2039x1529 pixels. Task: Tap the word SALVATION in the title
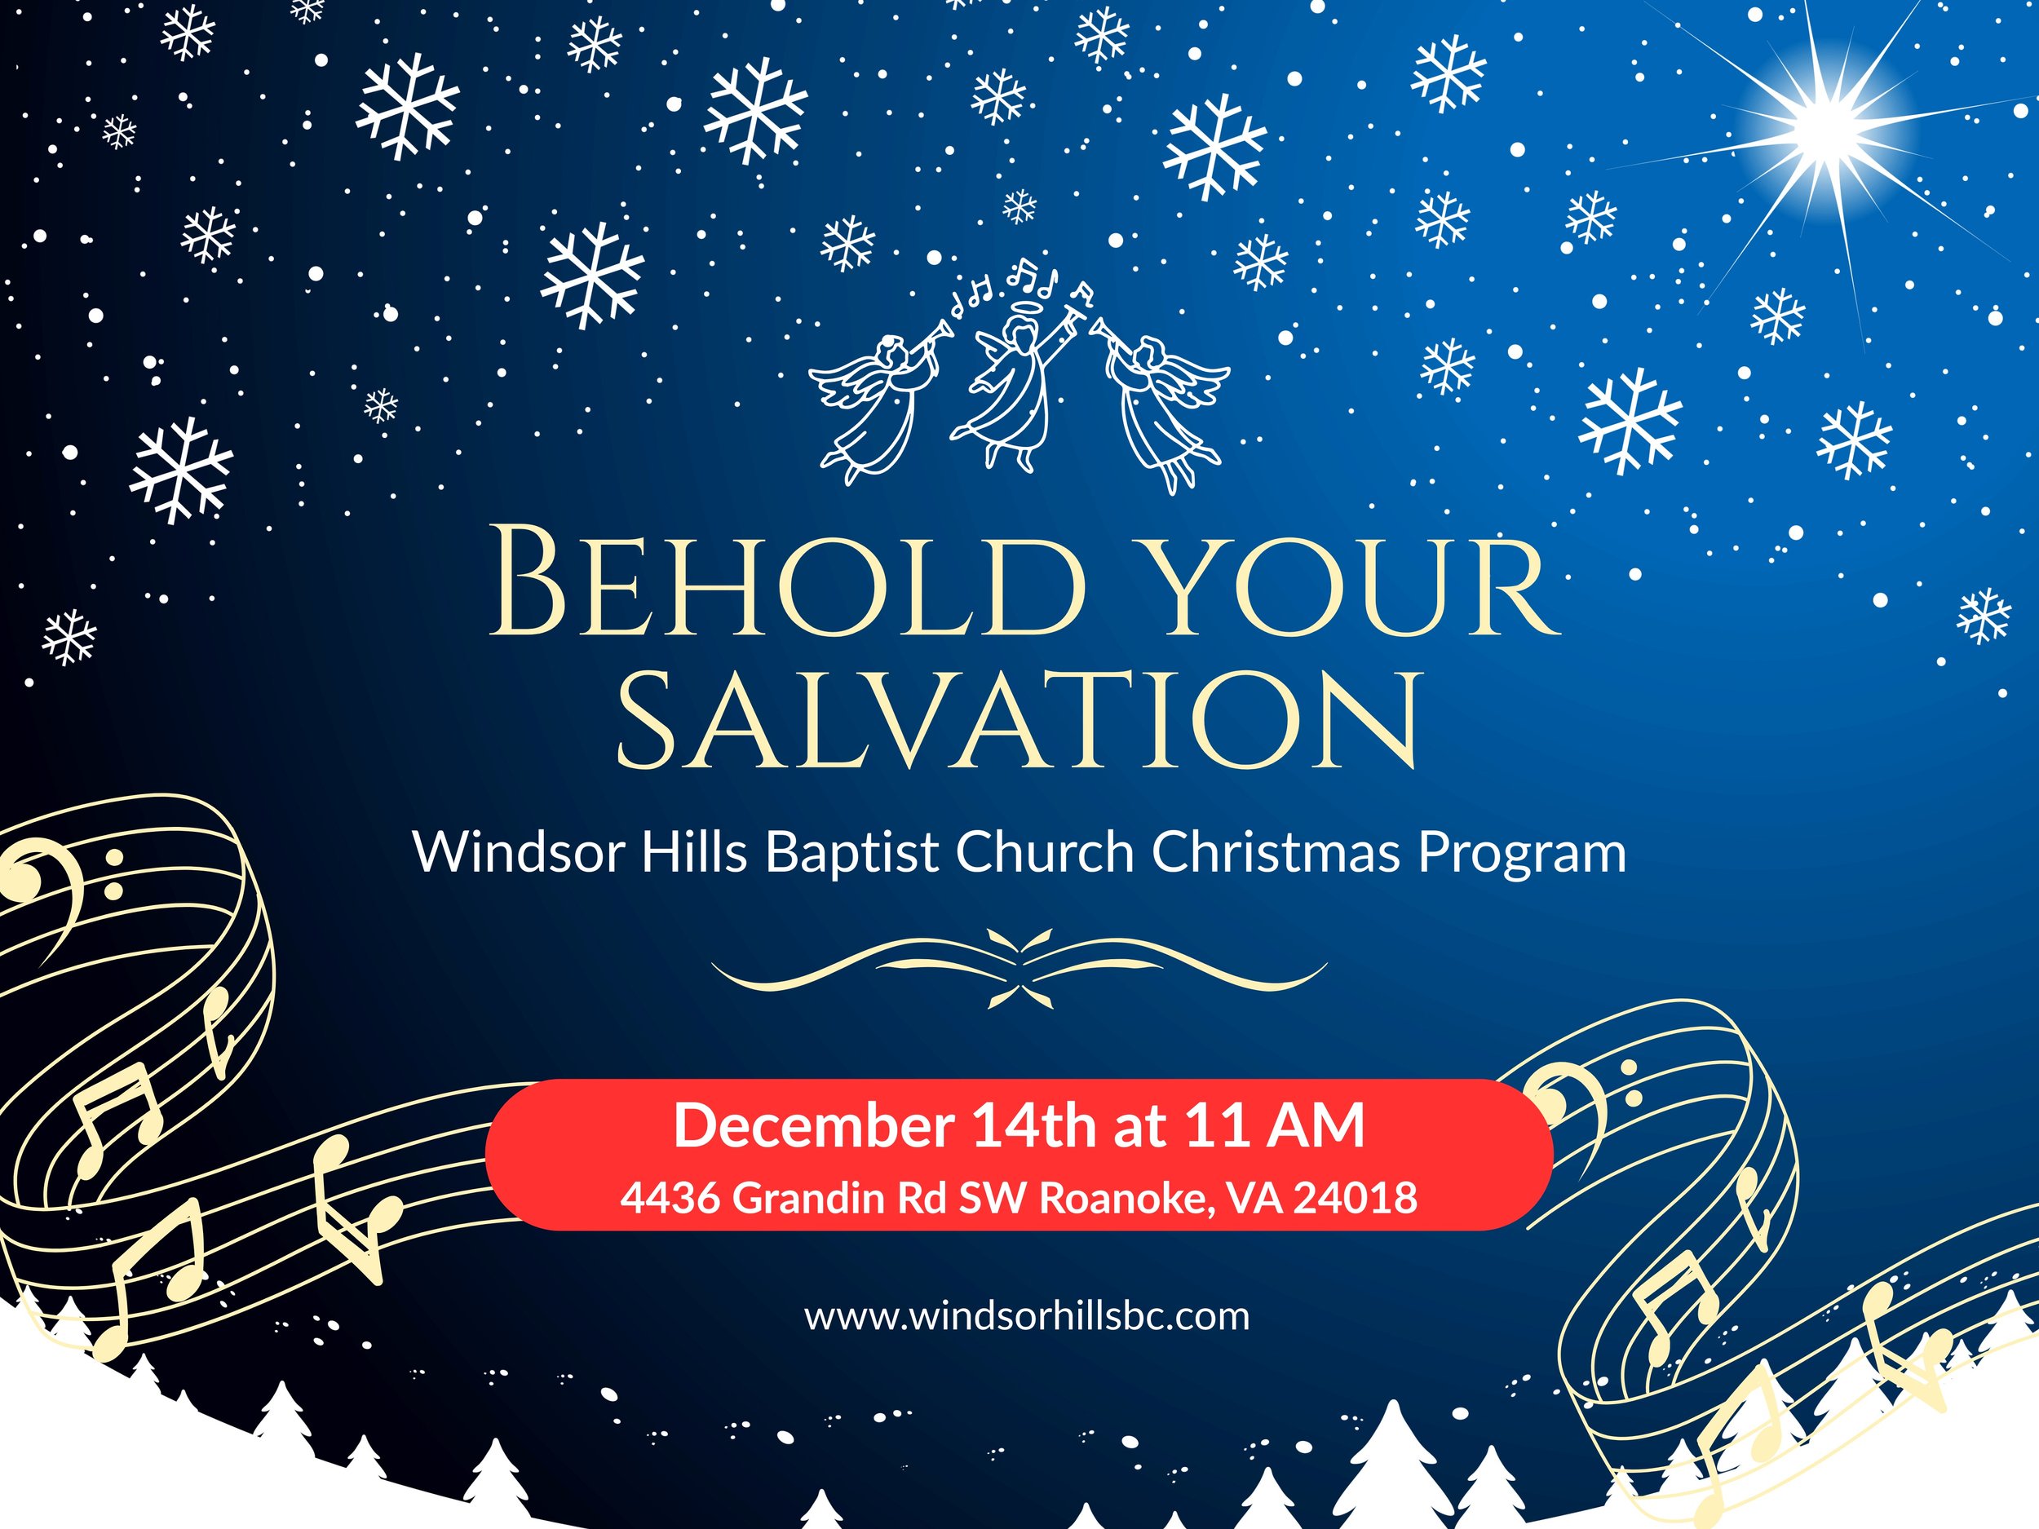point(1019,721)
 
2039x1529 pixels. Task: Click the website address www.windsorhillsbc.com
point(1027,1315)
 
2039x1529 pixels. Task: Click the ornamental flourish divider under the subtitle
point(1019,969)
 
